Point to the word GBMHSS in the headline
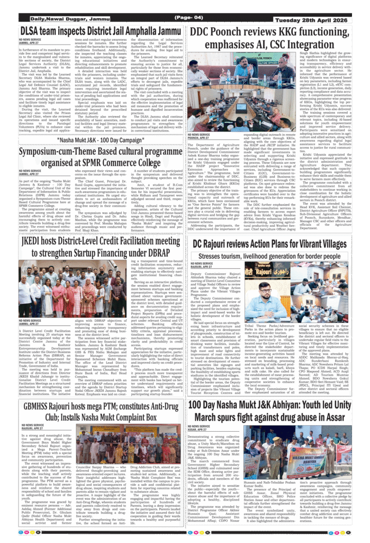tap(43, 406)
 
